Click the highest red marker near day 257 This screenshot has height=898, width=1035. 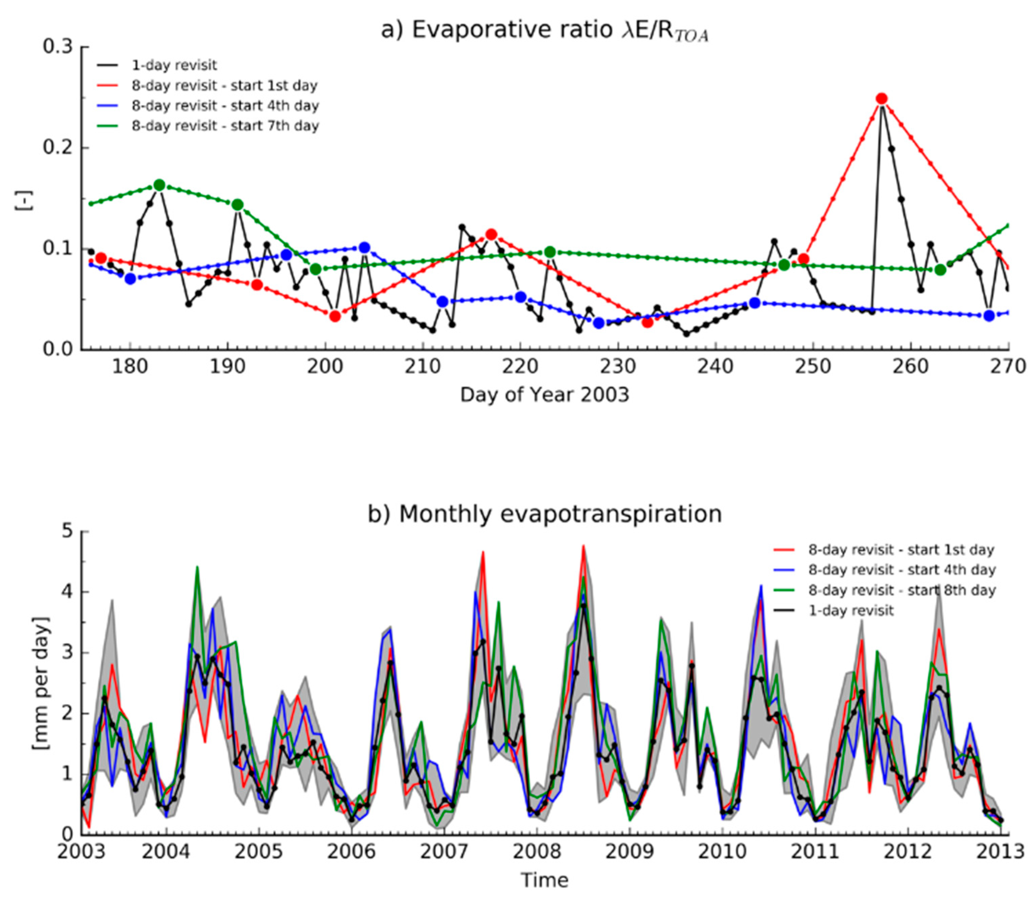pyautogui.click(x=882, y=99)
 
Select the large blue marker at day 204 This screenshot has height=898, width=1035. pyautogui.click(x=364, y=248)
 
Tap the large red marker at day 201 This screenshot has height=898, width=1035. pyautogui.click(x=335, y=316)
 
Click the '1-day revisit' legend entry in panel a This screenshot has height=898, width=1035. pyautogui.click(x=174, y=65)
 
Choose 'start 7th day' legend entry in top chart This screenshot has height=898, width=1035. pyautogui.click(x=225, y=125)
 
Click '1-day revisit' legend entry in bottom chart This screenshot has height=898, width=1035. pyautogui.click(x=851, y=610)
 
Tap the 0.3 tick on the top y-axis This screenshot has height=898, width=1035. pyautogui.click(x=58, y=47)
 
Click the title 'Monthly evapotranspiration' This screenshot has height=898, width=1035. pyautogui.click(x=545, y=514)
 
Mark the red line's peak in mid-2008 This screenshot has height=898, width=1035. pyautogui.click(x=583, y=546)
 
